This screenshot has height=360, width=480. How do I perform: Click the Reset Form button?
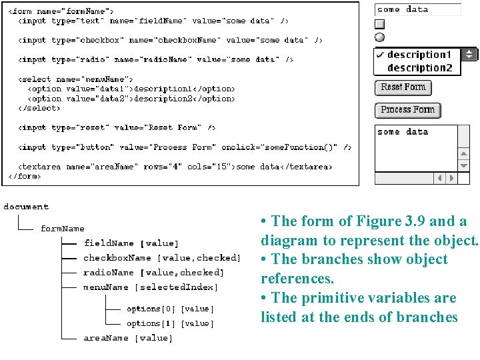click(403, 87)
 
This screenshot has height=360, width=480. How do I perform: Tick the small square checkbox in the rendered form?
click(380, 24)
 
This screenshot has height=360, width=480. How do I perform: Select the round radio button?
click(380, 37)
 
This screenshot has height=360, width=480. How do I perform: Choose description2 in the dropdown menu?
click(419, 68)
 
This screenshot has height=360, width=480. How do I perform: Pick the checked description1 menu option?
click(419, 55)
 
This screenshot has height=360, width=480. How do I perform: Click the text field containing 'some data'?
click(418, 9)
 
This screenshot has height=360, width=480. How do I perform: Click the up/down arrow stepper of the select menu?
click(469, 55)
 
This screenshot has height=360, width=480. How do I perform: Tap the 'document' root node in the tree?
click(26, 207)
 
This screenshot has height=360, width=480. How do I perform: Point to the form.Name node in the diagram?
click(62, 229)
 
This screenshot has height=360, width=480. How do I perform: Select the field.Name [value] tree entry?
click(131, 243)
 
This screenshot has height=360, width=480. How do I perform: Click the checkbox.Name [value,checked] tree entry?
click(161, 258)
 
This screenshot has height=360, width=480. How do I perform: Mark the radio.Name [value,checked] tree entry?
click(153, 273)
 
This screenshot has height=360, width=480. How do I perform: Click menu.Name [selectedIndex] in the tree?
click(151, 287)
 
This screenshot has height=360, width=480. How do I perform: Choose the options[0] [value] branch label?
click(170, 309)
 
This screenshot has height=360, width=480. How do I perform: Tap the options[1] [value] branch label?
click(170, 323)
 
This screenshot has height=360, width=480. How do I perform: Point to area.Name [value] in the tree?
click(128, 338)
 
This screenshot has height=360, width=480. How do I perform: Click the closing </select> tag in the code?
click(39, 108)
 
